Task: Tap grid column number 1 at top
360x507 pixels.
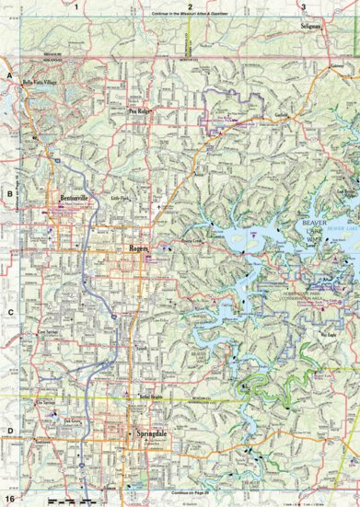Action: [78, 6]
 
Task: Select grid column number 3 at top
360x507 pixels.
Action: [304, 6]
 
